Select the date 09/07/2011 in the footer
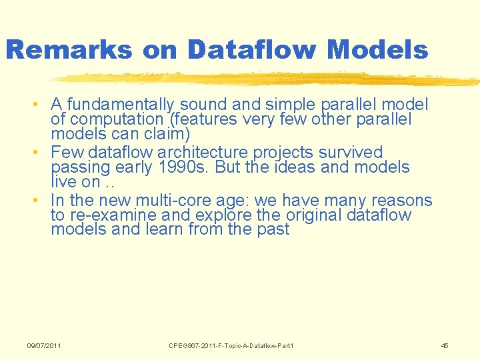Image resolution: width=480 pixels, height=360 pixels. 44,345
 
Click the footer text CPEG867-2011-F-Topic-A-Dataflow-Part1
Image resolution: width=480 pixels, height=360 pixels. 231,345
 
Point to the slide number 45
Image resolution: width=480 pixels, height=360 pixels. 445,345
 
